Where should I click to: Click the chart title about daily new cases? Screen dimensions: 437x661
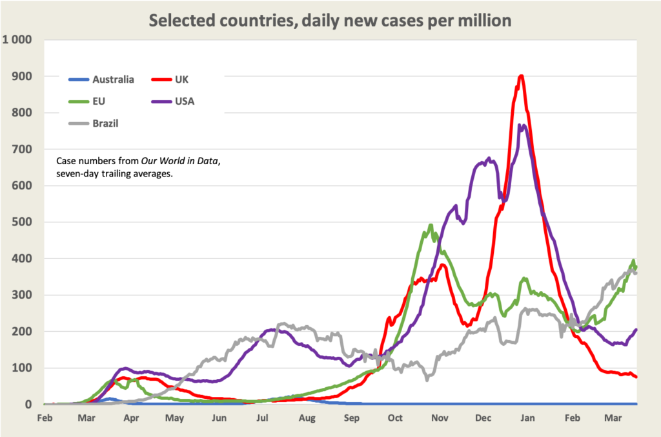click(x=330, y=20)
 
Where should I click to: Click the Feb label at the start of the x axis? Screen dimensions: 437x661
click(x=44, y=418)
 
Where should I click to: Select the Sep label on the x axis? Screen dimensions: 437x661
click(x=352, y=418)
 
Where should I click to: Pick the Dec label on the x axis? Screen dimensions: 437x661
click(x=483, y=418)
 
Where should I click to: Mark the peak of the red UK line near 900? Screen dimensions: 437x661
click(x=521, y=76)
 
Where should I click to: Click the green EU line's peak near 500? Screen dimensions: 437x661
click(x=431, y=225)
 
